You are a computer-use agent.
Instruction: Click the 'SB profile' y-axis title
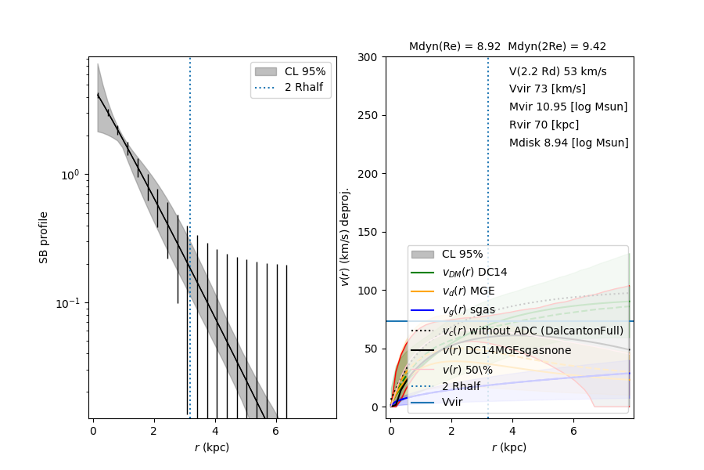(x=45, y=237)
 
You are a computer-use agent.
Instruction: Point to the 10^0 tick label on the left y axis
(x=71, y=175)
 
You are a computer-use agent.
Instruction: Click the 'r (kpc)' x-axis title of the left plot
(x=212, y=448)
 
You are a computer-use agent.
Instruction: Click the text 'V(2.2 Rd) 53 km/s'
(x=558, y=71)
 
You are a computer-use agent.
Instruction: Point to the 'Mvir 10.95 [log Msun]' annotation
(x=568, y=107)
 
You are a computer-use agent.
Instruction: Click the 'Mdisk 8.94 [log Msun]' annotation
(x=569, y=143)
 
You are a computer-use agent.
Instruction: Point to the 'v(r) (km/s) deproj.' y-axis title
(x=345, y=237)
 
